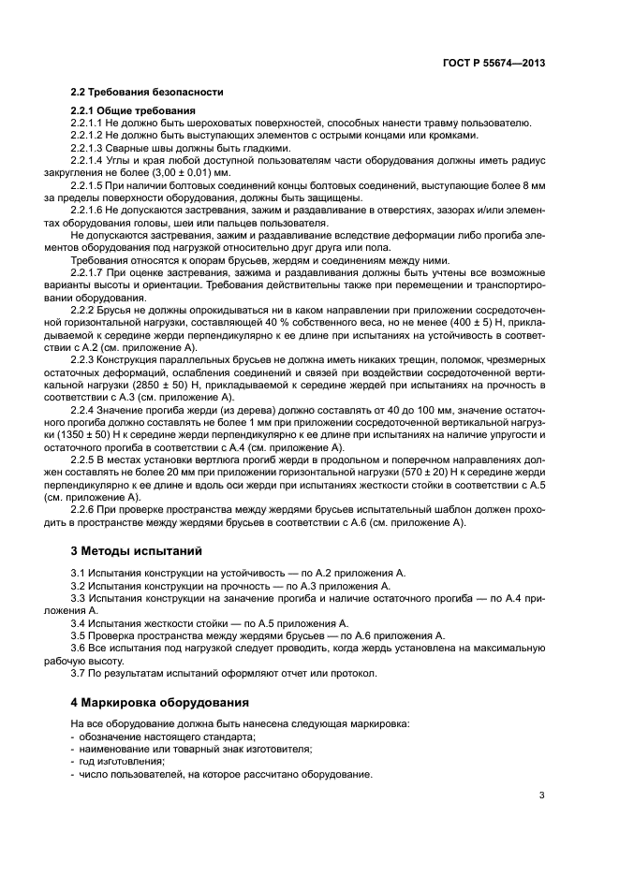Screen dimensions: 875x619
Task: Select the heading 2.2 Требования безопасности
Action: pos(147,93)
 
